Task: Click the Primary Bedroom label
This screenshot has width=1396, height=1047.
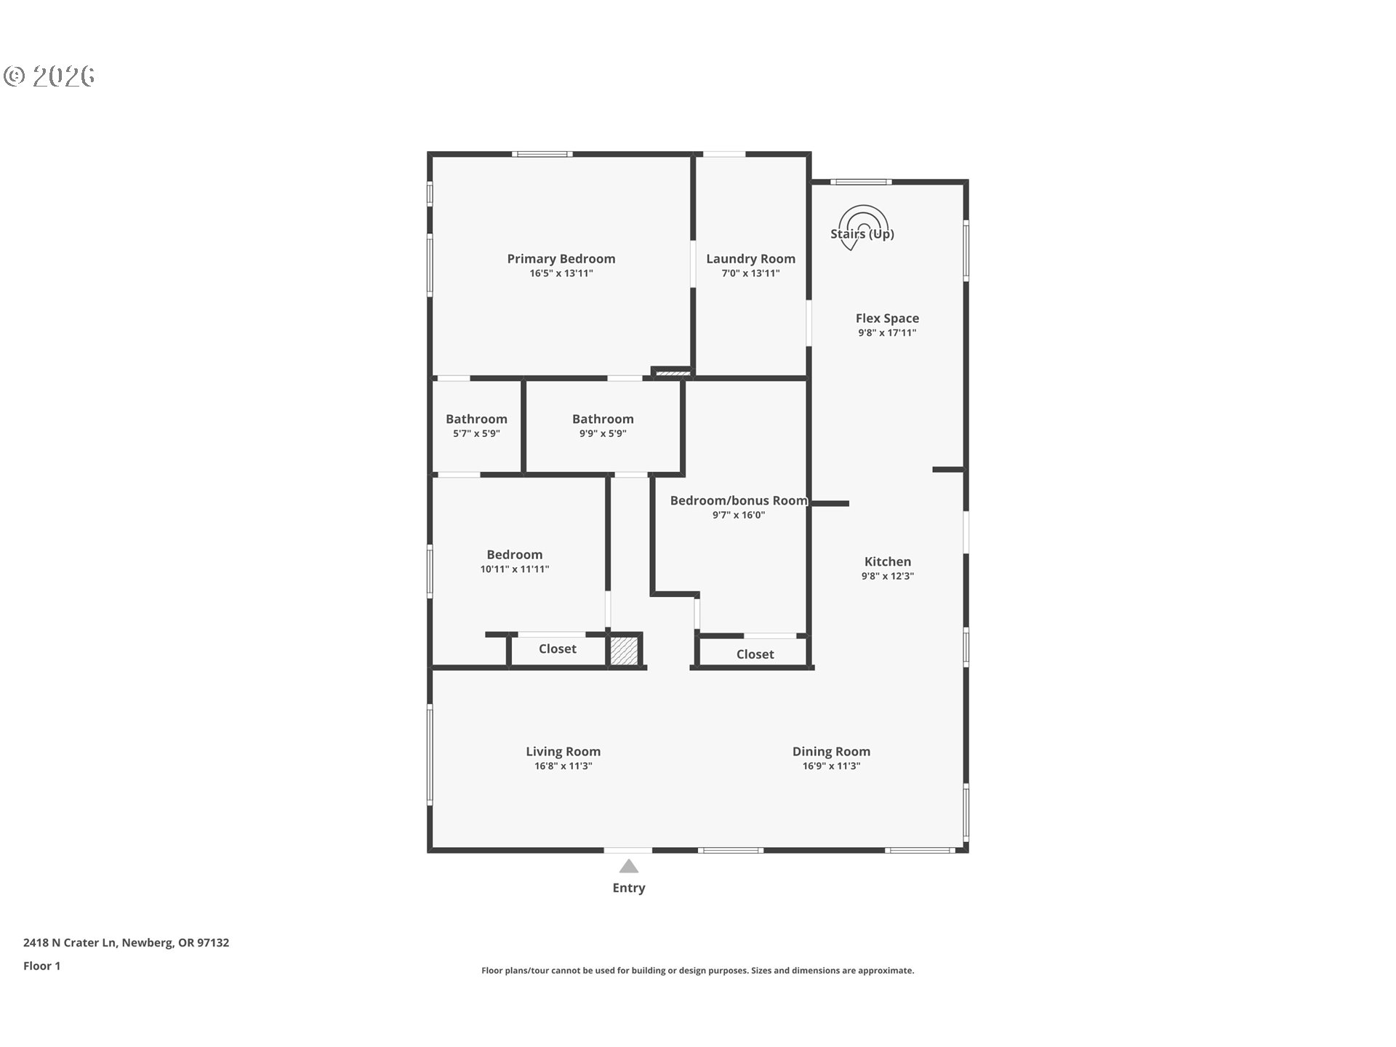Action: (x=561, y=259)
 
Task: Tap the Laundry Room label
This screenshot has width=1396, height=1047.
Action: (x=750, y=259)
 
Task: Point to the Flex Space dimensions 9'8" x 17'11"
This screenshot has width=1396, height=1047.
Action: (x=887, y=333)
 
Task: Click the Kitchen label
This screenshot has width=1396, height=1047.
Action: (x=888, y=561)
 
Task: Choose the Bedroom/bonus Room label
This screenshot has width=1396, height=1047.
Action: (x=739, y=500)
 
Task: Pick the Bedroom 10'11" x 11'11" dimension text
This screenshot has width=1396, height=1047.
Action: (x=515, y=569)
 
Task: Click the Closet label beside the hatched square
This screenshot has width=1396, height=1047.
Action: (x=558, y=649)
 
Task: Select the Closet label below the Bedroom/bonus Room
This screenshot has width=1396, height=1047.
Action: (x=755, y=654)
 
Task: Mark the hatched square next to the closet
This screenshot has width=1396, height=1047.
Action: (x=624, y=650)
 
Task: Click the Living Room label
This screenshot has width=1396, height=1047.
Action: (x=563, y=752)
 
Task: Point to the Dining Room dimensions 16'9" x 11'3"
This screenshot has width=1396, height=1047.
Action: (x=831, y=766)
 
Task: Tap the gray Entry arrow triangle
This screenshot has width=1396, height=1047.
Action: (x=629, y=866)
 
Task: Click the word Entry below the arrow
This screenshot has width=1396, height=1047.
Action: (x=629, y=888)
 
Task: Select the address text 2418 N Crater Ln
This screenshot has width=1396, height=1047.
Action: (x=70, y=942)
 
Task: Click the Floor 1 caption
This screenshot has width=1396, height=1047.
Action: (x=42, y=966)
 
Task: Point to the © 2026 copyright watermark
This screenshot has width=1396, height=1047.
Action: (x=49, y=76)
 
